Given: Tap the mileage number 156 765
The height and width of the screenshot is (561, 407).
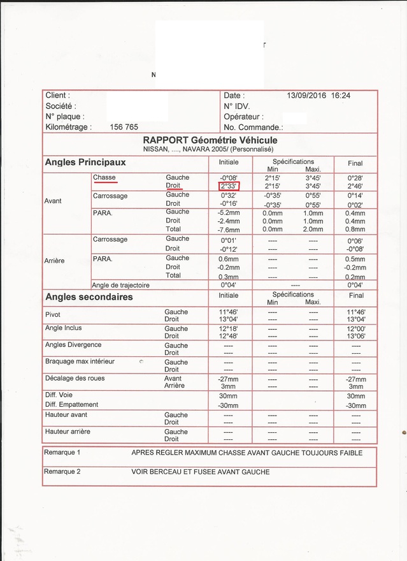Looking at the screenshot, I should click(124, 127).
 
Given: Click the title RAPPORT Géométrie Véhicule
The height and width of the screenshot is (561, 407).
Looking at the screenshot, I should click(210, 140).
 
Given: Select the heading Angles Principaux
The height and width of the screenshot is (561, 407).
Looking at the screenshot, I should click(85, 163).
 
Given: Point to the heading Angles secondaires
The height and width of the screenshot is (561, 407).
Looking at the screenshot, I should click(89, 296).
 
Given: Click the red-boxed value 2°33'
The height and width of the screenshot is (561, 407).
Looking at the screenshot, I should click(229, 186).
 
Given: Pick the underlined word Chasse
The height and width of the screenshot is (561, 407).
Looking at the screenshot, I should click(104, 177).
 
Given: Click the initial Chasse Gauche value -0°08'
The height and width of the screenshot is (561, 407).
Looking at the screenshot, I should click(229, 178).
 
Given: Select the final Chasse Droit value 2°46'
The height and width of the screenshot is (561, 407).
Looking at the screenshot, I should click(357, 186).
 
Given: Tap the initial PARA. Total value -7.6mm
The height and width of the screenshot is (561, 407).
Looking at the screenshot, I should click(229, 229).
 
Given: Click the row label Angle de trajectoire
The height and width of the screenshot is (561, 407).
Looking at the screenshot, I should click(120, 285).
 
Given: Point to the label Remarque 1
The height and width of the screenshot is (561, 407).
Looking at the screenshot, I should click(62, 453).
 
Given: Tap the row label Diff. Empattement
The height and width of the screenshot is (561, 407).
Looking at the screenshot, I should click(72, 404).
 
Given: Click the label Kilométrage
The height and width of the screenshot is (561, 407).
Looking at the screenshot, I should click(68, 127).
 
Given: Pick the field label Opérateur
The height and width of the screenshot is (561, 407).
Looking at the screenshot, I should click(243, 117).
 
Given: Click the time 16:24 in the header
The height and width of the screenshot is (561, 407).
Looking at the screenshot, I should click(340, 96).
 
